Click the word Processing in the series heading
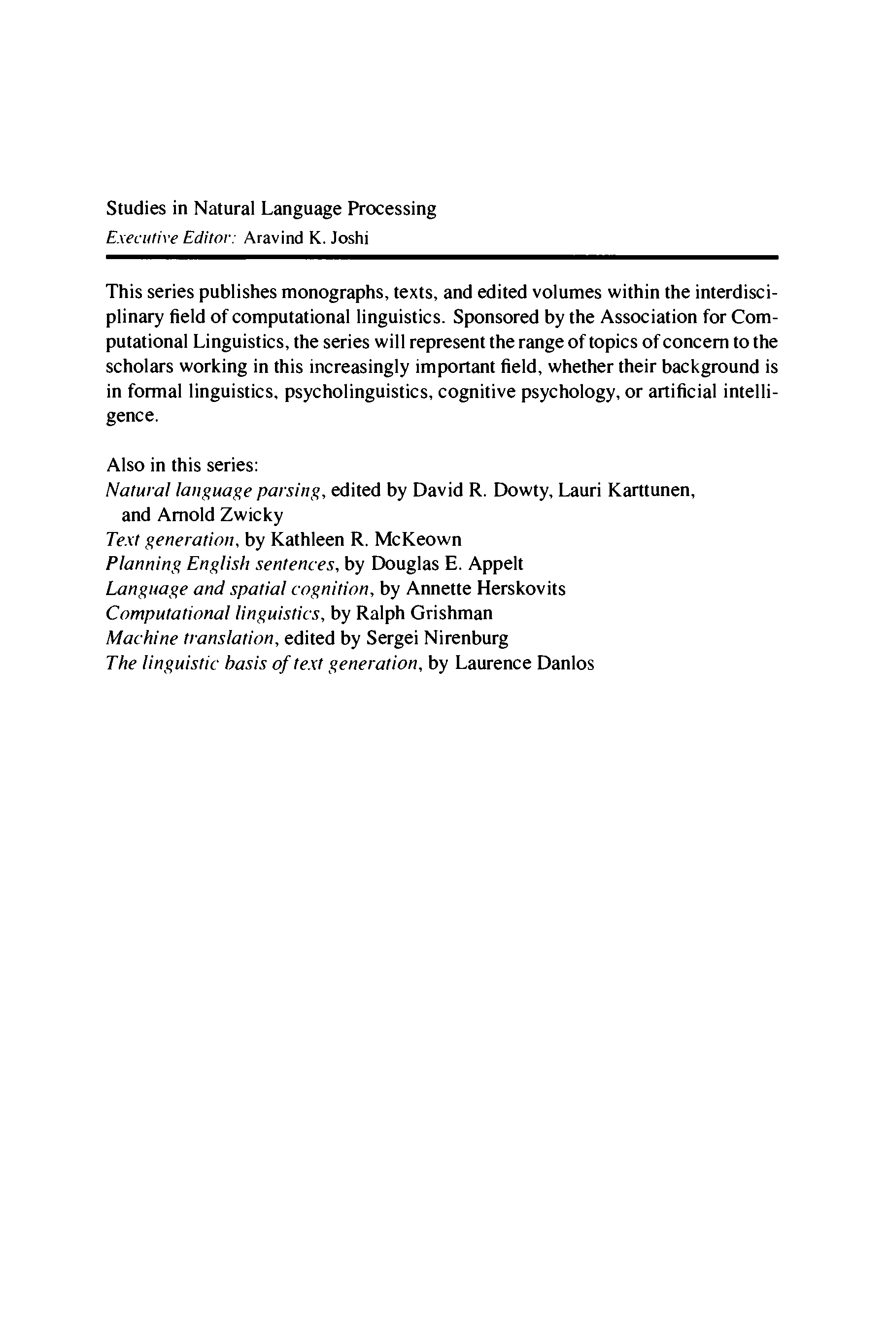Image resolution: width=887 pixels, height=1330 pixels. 391,209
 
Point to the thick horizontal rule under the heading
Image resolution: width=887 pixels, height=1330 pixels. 441,257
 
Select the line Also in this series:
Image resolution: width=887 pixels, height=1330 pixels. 182,465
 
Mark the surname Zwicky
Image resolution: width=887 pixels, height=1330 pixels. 251,515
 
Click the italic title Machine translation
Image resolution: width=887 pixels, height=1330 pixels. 191,638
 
